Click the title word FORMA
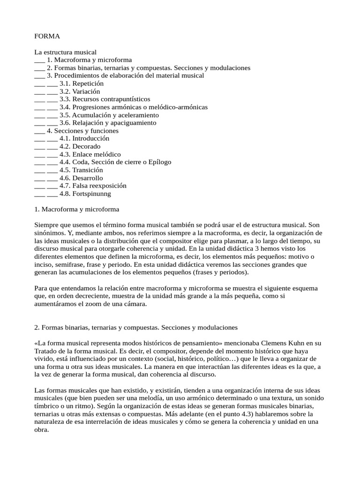click(47, 36)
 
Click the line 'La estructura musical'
click(65, 52)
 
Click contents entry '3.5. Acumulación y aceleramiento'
click(109, 115)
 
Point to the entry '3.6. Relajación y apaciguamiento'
click(108, 123)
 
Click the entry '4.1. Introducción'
click(84, 139)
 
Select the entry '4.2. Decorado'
click(80, 147)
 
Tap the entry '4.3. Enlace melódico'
click(90, 154)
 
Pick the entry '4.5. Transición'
click(82, 170)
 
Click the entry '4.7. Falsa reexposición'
click(93, 186)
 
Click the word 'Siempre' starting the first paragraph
click(46, 225)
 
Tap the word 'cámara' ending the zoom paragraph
click(135, 304)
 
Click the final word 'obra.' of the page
click(42, 429)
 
